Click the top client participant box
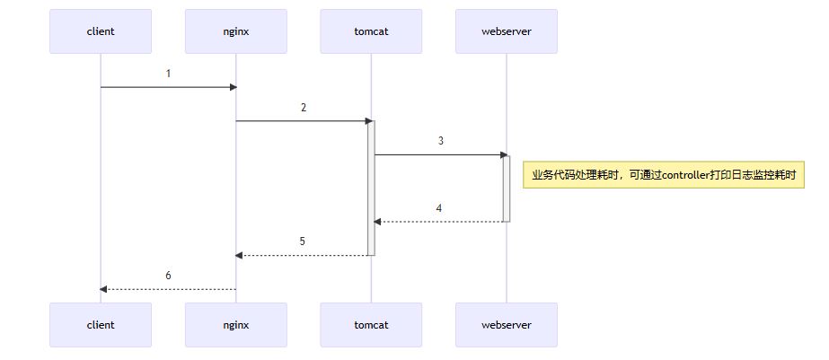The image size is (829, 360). [x=101, y=31]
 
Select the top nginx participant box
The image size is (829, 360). [x=235, y=31]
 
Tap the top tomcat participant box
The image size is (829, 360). [x=371, y=31]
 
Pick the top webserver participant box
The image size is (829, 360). [x=507, y=31]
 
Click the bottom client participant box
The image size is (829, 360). [x=101, y=325]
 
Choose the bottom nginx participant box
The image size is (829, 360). [x=235, y=325]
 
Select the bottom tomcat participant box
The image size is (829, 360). [x=371, y=325]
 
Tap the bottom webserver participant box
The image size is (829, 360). [x=507, y=325]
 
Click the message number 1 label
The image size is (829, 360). [x=168, y=74]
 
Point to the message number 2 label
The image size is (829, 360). [x=304, y=108]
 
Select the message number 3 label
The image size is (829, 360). [x=440, y=141]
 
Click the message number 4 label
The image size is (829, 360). [x=439, y=208]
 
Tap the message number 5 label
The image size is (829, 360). [x=303, y=241]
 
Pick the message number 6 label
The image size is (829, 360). [x=168, y=276]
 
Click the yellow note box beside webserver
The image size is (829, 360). [x=663, y=175]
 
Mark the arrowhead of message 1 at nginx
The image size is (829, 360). [x=233, y=87]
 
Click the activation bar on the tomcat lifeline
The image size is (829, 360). [x=371, y=189]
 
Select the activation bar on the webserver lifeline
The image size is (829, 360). [x=507, y=189]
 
